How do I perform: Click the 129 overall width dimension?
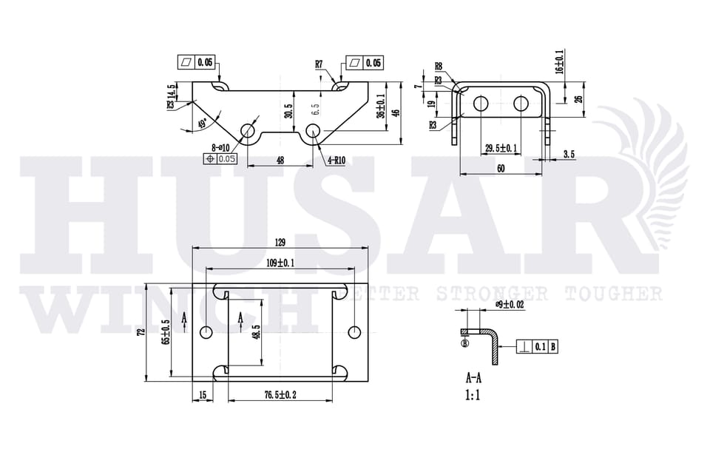tap(280, 243)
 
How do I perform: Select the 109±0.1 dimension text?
tap(280, 263)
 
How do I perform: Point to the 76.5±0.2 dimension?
tap(280, 395)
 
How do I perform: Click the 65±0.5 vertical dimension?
tap(167, 332)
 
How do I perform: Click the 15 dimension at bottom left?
tap(203, 395)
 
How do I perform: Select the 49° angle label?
tap(204, 124)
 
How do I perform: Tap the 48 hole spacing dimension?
tap(280, 160)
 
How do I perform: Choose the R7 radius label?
tap(319, 64)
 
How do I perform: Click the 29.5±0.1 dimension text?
tap(501, 149)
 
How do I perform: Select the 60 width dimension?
tap(501, 169)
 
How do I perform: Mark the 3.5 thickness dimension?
tap(568, 154)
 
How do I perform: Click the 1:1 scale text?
tap(473, 396)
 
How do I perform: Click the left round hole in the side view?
tap(480, 103)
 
